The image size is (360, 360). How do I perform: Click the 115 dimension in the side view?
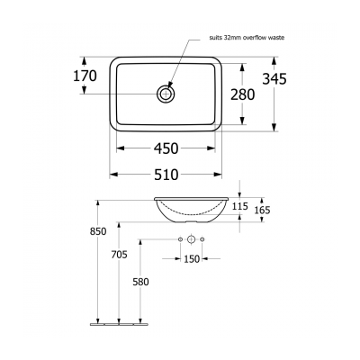239,207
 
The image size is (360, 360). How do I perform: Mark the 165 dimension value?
261,211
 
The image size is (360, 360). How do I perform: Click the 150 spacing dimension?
192,259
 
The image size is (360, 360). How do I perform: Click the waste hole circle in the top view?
167,93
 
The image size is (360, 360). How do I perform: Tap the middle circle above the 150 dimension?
192,238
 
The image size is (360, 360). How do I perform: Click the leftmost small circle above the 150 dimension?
181,238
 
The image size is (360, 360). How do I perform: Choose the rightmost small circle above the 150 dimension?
202,238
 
